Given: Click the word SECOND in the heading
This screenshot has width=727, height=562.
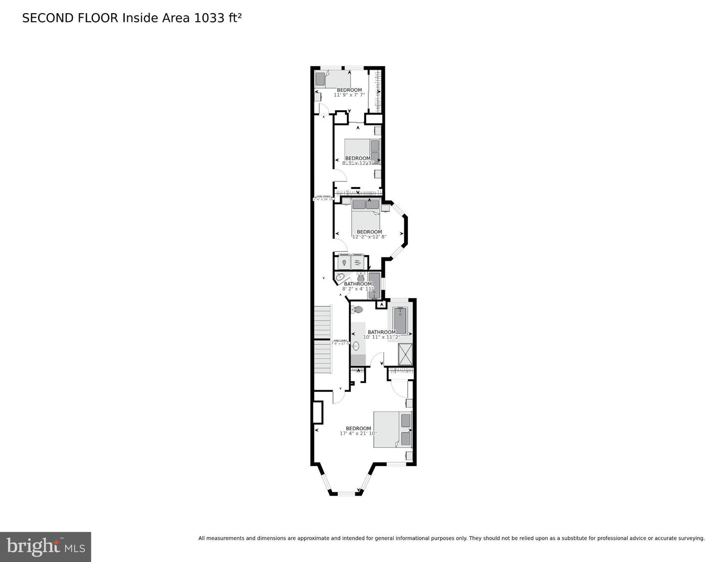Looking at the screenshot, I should click(48, 18).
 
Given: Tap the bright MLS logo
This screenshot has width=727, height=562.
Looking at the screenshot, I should click(45, 547).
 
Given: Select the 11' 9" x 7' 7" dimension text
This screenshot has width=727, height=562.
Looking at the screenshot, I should click(349, 95).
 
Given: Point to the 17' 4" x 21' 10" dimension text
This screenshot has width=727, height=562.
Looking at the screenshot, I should click(358, 433).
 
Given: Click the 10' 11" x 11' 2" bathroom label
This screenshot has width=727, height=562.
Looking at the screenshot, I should click(382, 337).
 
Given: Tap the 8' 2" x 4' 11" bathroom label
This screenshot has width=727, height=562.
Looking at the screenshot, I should click(357, 289).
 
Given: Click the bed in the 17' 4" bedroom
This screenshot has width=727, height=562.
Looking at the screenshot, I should click(392, 429).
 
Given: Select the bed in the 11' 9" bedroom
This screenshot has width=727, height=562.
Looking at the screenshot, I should click(332, 80).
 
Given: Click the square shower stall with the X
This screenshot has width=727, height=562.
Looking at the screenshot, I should click(405, 354).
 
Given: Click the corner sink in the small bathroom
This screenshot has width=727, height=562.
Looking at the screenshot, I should click(340, 277).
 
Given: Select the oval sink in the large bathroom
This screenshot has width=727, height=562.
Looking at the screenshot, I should click(356, 347).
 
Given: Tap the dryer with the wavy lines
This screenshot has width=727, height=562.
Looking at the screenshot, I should click(357, 262).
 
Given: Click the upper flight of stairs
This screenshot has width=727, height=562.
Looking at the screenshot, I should click(322, 321).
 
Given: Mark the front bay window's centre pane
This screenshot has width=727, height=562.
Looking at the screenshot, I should click(345, 493).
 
